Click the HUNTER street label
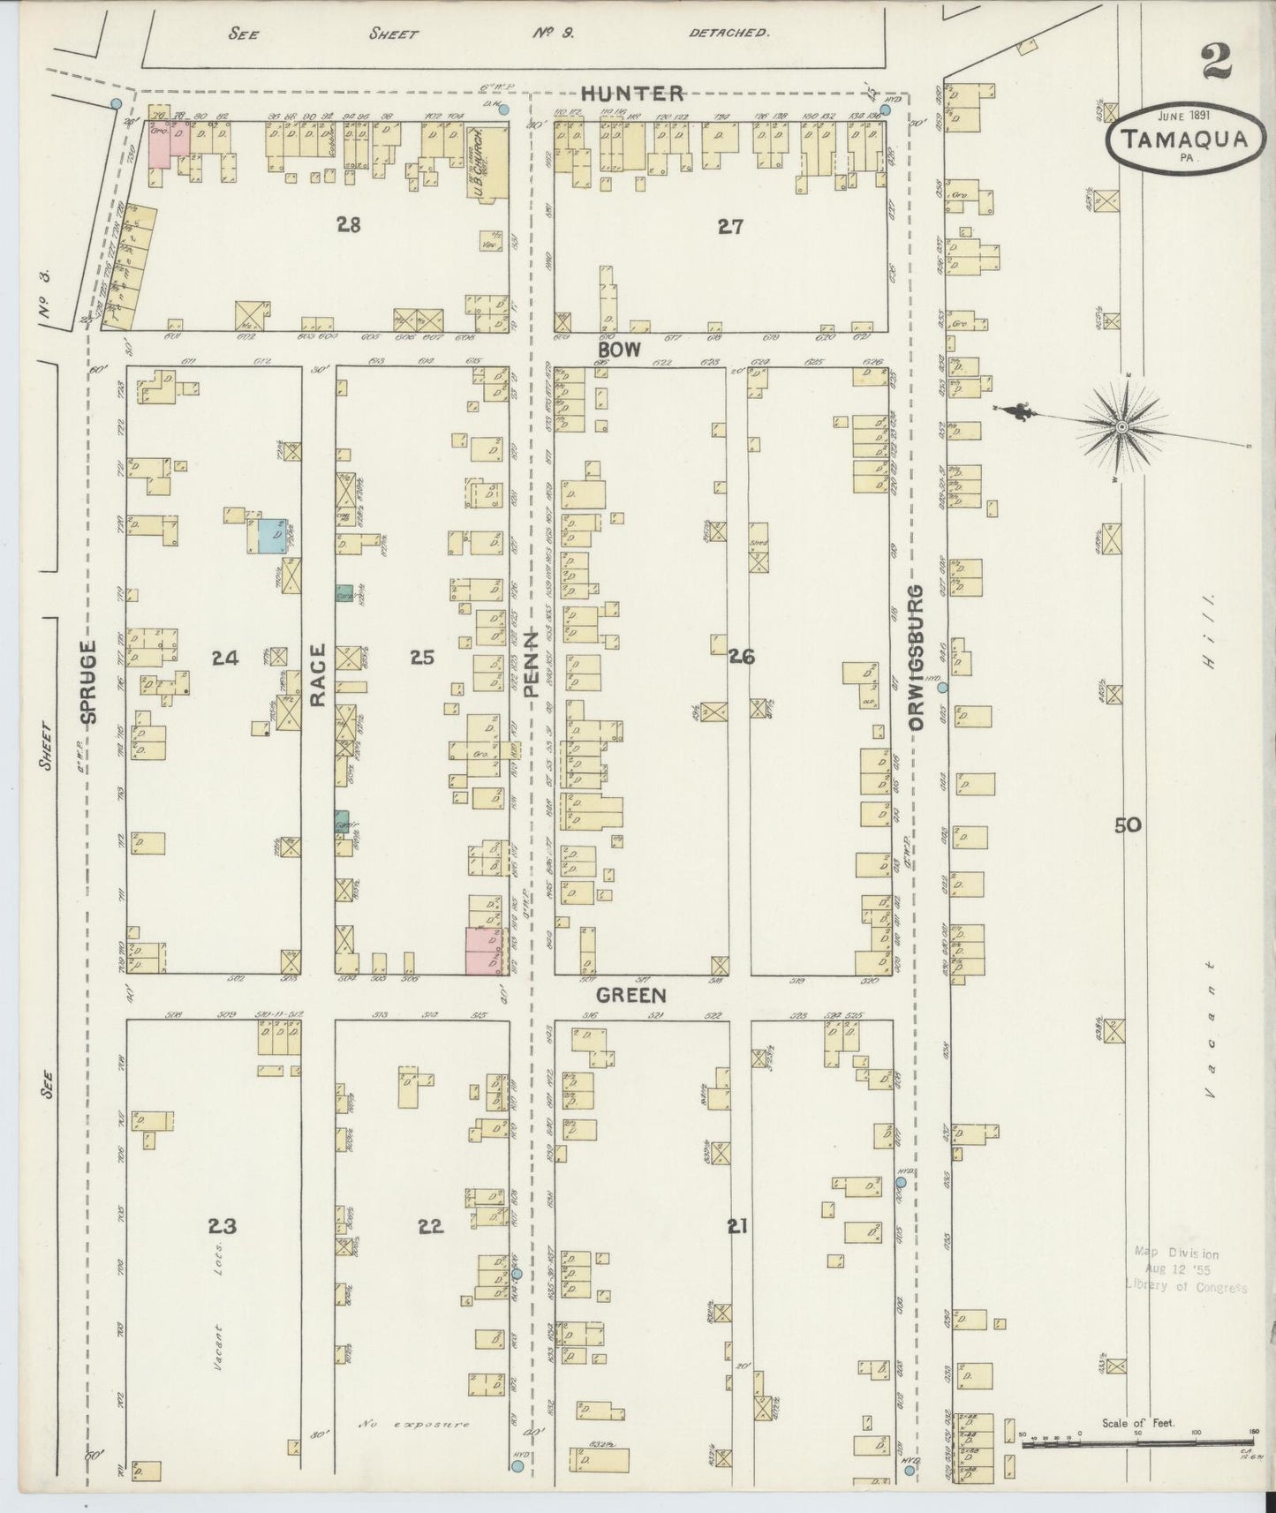pyautogui.click(x=632, y=93)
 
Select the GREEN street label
pyautogui.click(x=630, y=996)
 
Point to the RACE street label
pyautogui.click(x=318, y=675)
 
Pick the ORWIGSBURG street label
pyautogui.click(x=916, y=657)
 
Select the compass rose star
pyautogui.click(x=1121, y=428)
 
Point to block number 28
pyautogui.click(x=349, y=225)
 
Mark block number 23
pyautogui.click(x=223, y=1225)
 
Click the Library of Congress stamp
pyautogui.click(x=1183, y=1269)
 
